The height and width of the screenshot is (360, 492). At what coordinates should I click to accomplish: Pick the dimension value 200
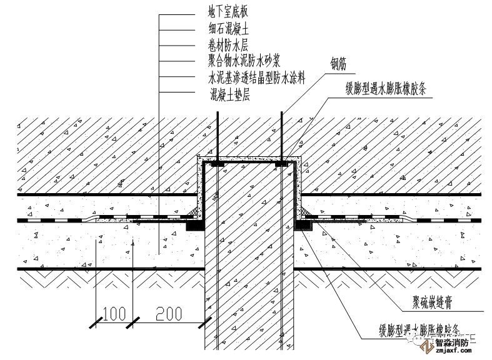170,313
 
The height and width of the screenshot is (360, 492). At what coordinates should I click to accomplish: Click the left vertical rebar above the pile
216,134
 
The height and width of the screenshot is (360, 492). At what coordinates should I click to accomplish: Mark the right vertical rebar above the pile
283,134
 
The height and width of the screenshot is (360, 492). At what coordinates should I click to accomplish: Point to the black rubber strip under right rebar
283,164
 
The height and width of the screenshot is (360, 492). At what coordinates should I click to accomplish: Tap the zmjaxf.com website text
450,352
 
